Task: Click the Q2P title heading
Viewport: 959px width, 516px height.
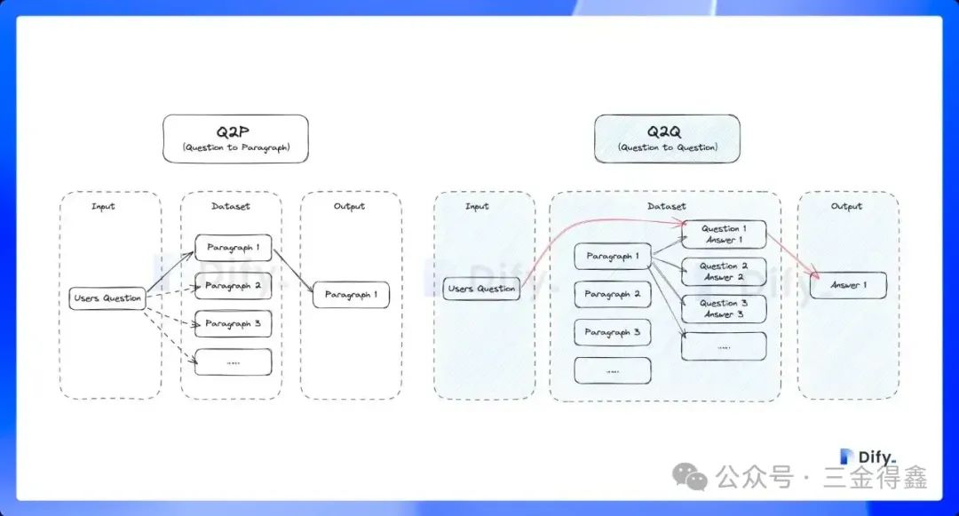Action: (x=235, y=131)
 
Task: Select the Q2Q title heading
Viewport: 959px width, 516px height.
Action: (x=667, y=131)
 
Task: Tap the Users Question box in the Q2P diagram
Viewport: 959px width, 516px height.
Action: (x=107, y=298)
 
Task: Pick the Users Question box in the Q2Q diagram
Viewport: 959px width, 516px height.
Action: (x=481, y=289)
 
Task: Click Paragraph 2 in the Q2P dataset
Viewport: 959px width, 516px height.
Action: (x=233, y=286)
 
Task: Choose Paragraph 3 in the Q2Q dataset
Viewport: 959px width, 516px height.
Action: (x=613, y=332)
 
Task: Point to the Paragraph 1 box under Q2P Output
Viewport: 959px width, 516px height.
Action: (x=351, y=295)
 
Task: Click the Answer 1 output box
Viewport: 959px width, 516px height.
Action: (x=847, y=285)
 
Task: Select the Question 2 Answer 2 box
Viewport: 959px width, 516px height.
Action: (x=724, y=272)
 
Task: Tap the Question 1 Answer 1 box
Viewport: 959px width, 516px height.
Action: (x=724, y=234)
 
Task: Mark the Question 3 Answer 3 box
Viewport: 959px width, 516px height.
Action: (x=724, y=309)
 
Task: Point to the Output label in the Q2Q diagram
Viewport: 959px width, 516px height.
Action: (x=846, y=206)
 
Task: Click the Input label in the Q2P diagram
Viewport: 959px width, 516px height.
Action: (x=103, y=206)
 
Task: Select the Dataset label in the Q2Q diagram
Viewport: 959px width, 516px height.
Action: (x=666, y=206)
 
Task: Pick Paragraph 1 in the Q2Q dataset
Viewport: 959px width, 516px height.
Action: (x=613, y=257)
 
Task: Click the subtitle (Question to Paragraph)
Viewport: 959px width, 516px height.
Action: (x=235, y=147)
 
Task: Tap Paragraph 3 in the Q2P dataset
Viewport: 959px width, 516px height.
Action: (x=233, y=323)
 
